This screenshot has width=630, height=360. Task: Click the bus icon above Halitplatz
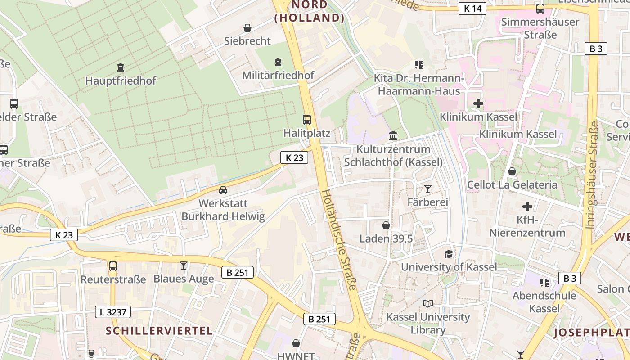[307, 120]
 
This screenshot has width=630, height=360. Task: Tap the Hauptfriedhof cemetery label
[121, 81]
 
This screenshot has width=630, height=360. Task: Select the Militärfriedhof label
[278, 75]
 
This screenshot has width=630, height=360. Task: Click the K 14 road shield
[472, 8]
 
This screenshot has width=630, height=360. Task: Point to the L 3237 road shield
[113, 312]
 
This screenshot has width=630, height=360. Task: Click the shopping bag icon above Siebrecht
[247, 28]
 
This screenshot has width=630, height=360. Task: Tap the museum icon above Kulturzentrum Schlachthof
[393, 135]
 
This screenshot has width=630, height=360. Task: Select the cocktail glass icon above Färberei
[427, 189]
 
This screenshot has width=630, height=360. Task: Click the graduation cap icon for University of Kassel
[449, 254]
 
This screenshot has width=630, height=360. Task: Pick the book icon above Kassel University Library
[427, 303]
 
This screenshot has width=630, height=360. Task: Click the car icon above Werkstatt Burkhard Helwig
[223, 190]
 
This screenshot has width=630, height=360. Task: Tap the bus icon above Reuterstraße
[113, 266]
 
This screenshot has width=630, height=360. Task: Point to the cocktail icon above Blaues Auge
[183, 265]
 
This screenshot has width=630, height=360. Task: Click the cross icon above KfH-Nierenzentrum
[527, 207]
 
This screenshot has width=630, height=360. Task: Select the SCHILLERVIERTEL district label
[159, 331]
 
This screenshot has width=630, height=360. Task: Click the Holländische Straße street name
[339, 240]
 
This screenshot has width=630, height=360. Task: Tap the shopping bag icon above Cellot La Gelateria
[512, 171]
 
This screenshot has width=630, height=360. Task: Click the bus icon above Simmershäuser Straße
[540, 9]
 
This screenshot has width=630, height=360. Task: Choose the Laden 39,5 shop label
[386, 238]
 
